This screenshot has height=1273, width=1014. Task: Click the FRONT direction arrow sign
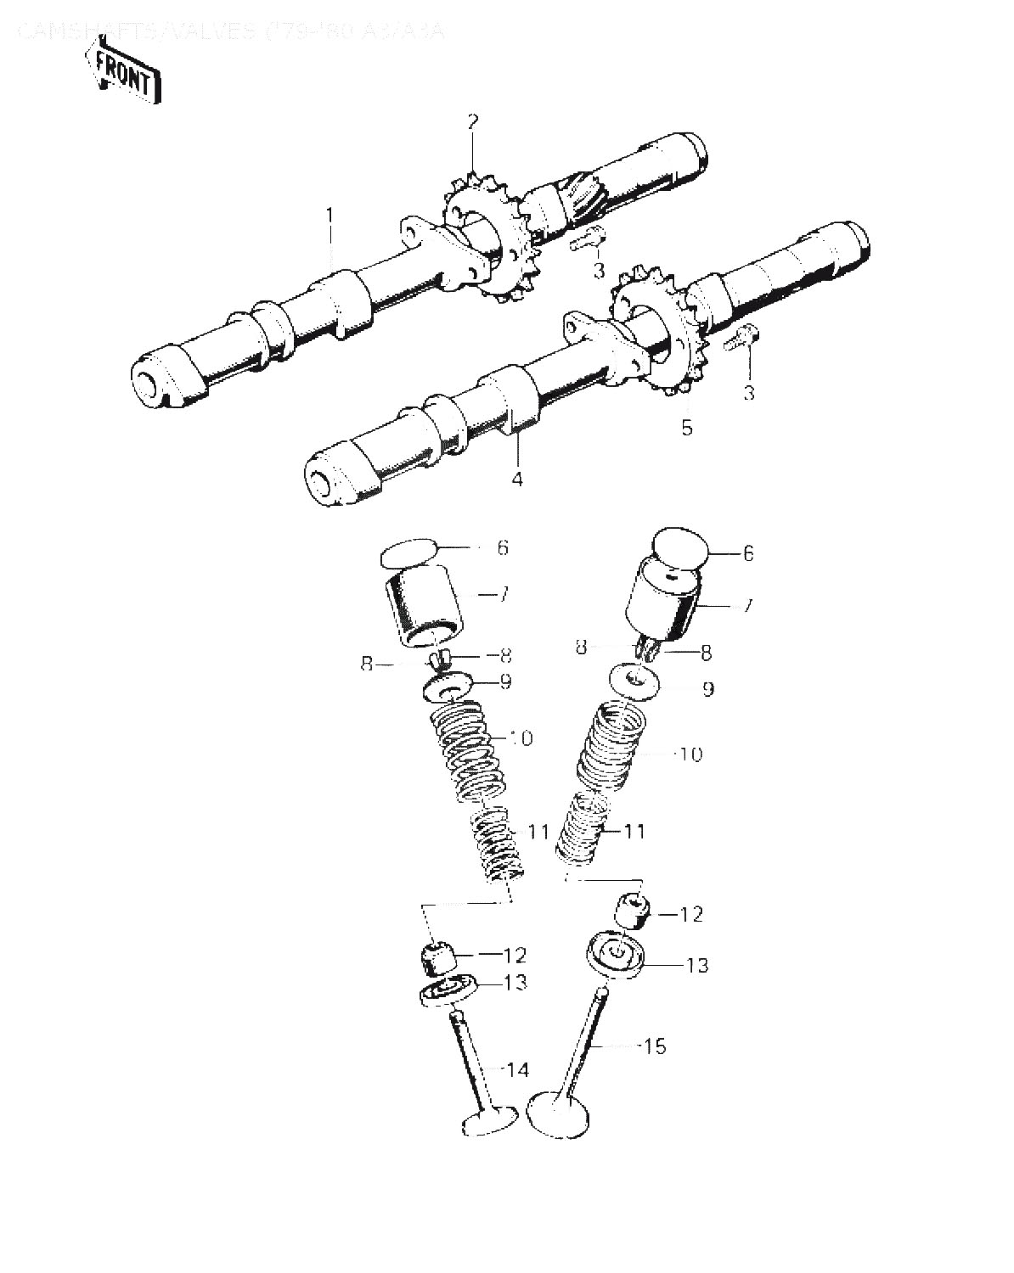click(x=123, y=75)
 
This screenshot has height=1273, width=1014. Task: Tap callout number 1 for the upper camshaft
click(x=331, y=212)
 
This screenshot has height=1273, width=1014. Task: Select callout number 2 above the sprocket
click(x=473, y=121)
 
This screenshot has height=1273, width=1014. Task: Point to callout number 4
click(x=516, y=479)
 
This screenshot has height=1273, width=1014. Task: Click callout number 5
click(x=686, y=427)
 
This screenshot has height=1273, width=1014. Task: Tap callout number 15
click(x=655, y=1046)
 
